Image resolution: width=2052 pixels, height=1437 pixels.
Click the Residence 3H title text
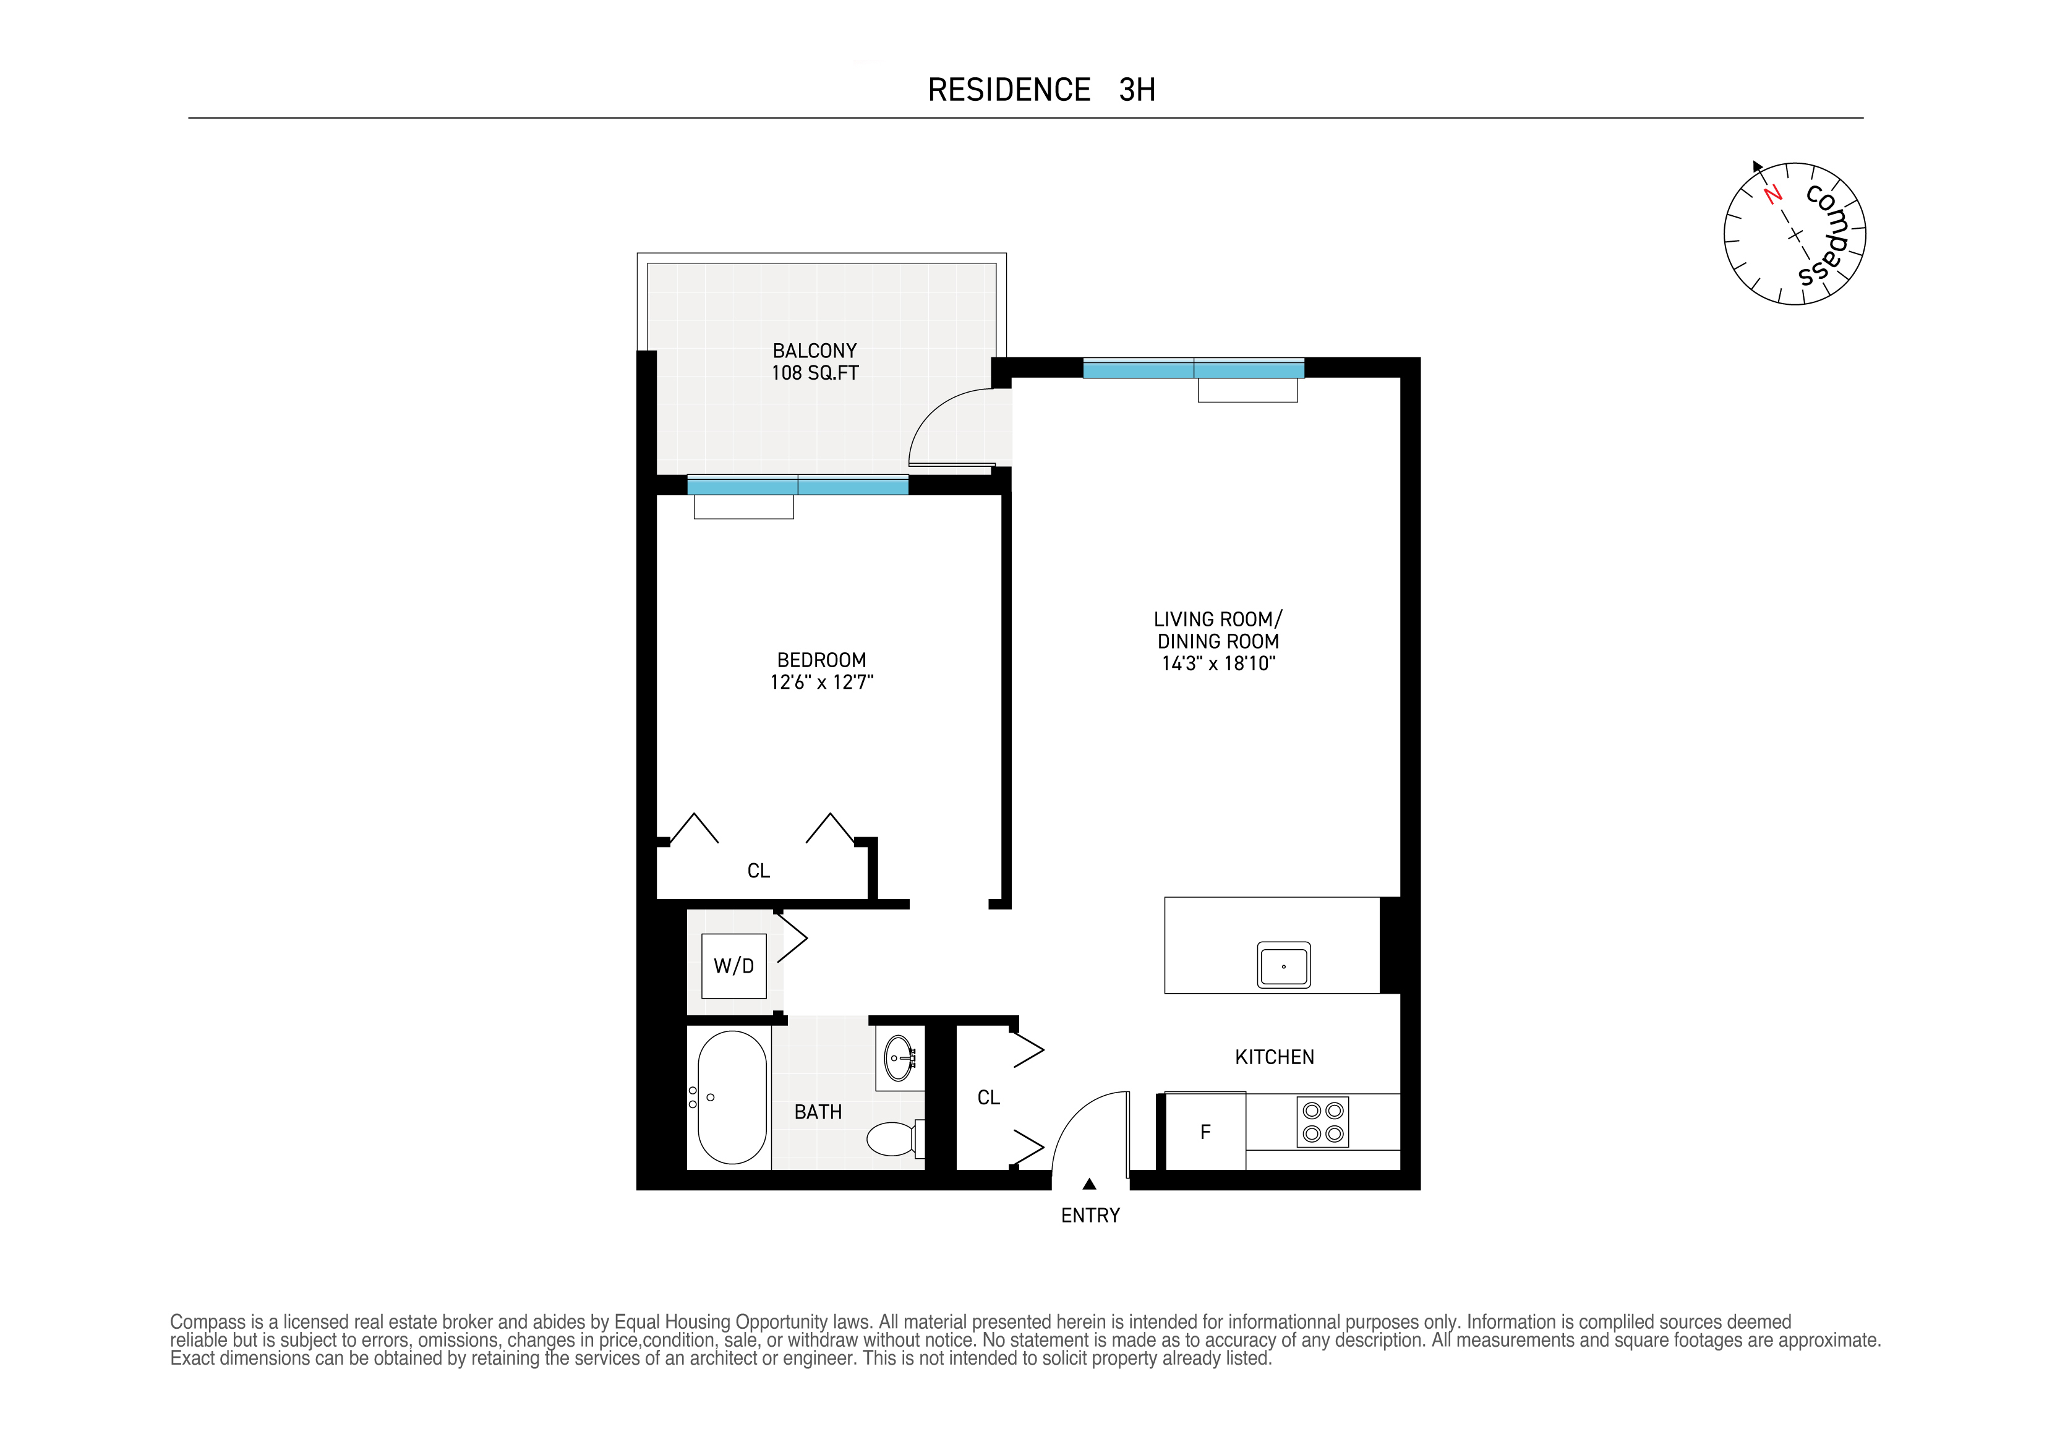coord(1041,90)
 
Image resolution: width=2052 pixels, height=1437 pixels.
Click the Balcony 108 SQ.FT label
coord(814,362)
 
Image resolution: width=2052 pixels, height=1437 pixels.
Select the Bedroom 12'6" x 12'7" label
coord(821,671)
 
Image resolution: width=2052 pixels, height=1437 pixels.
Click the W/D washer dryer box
coord(733,965)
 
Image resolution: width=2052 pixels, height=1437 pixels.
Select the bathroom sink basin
coord(899,1060)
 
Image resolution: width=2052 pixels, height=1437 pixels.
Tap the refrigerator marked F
coord(1205,1132)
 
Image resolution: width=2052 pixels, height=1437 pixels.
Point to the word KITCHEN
coord(1275,1057)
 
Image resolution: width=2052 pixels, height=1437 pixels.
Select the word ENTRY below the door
coord(1090,1216)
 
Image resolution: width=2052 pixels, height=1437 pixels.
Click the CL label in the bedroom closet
coord(758,871)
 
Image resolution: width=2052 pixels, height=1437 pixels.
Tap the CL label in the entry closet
coord(988,1098)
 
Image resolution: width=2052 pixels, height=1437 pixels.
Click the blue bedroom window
coord(797,486)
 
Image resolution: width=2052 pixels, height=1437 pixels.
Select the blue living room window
coord(1193,368)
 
